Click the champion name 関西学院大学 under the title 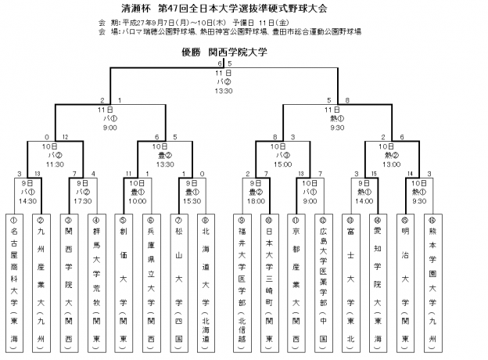(x=237, y=52)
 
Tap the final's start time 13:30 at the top (x=224, y=91)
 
